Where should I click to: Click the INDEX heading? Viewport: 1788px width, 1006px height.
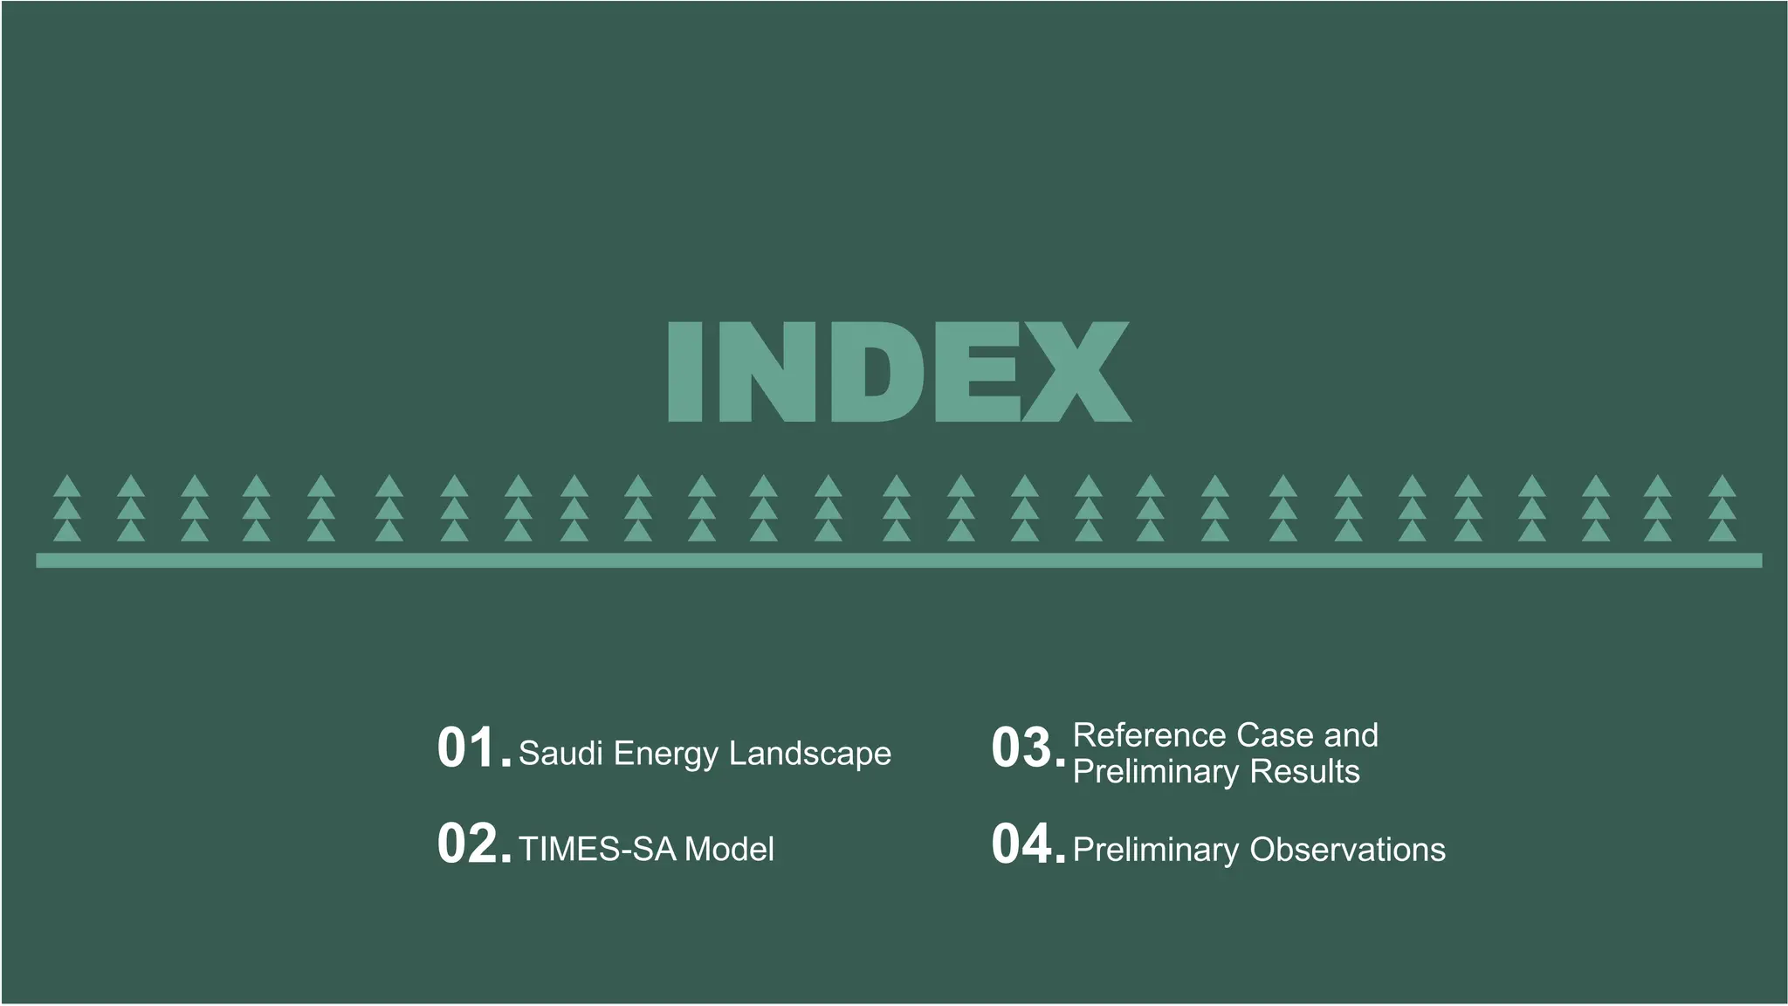pos(898,372)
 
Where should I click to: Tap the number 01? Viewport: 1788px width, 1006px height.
pos(466,748)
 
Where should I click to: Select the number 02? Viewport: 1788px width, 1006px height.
pos(466,844)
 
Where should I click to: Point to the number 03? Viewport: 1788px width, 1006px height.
pos(1021,748)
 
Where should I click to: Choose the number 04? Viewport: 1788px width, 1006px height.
pos(1021,844)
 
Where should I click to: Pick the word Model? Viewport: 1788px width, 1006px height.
pos(729,849)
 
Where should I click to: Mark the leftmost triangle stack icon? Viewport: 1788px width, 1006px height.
pos(67,508)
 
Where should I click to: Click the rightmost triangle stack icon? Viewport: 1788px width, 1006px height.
pos(1722,508)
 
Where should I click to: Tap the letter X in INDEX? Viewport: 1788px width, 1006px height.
pos(1076,372)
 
